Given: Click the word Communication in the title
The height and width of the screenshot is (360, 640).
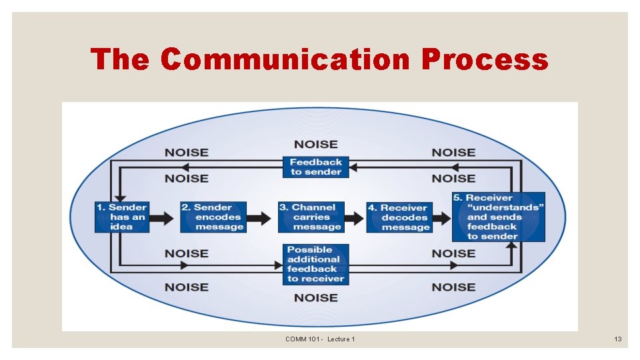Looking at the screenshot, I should [x=285, y=59].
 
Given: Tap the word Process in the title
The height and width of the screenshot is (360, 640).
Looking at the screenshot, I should [x=485, y=59].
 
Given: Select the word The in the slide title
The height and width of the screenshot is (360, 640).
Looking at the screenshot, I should [x=120, y=59].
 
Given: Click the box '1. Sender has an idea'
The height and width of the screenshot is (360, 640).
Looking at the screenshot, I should [x=122, y=217].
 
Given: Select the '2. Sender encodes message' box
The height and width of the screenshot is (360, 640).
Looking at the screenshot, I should [x=213, y=217].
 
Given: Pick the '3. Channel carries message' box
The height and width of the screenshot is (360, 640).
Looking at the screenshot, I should [x=311, y=217].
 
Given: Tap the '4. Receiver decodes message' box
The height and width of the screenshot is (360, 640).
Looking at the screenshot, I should [x=399, y=217].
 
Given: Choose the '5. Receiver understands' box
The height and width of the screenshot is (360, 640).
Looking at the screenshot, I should [x=499, y=217].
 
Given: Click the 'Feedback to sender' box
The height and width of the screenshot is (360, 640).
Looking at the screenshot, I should [x=316, y=167].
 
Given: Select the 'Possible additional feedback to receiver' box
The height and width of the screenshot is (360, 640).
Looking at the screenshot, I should [x=316, y=264].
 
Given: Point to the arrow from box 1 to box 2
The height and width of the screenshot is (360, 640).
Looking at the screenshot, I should [x=165, y=217].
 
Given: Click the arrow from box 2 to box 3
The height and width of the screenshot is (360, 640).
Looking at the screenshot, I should [x=262, y=217].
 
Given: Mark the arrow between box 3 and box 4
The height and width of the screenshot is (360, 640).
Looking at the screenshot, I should [x=355, y=217].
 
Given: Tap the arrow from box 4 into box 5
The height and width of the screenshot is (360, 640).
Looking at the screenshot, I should [x=442, y=217].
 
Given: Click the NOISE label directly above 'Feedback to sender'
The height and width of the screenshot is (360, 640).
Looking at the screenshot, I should [x=316, y=144].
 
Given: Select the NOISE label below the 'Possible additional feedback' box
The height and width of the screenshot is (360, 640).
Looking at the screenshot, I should [x=316, y=297].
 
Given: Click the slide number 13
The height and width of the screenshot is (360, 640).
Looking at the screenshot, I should [x=618, y=339].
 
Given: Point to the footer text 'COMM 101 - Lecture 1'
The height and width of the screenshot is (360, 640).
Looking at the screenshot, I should [x=320, y=339].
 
